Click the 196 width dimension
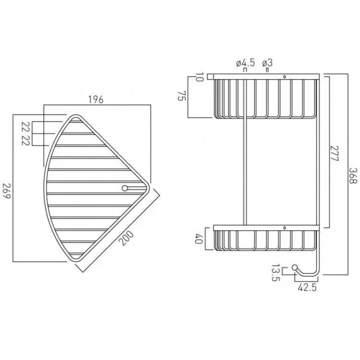pos(95,100)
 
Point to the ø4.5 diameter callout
pos(245,62)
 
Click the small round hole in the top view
pos(125,188)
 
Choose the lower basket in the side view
pos(264,240)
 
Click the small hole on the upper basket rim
pos(284,76)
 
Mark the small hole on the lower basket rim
pos(284,227)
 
